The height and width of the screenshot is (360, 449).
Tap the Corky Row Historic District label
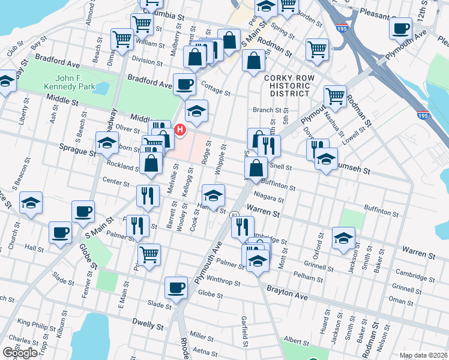(x=287, y=86)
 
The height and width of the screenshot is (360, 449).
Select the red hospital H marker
(x=179, y=130)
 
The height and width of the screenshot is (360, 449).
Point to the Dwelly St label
(x=149, y=326)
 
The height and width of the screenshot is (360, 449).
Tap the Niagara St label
(x=268, y=198)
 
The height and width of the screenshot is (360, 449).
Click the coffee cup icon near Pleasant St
(x=400, y=28)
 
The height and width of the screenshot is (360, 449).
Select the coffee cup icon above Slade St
(x=175, y=287)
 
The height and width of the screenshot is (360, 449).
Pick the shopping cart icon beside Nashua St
(x=335, y=95)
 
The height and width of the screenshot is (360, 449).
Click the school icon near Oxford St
(x=343, y=238)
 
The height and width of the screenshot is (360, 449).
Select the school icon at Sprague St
(x=107, y=143)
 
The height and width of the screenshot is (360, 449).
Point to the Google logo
(x=20, y=353)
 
